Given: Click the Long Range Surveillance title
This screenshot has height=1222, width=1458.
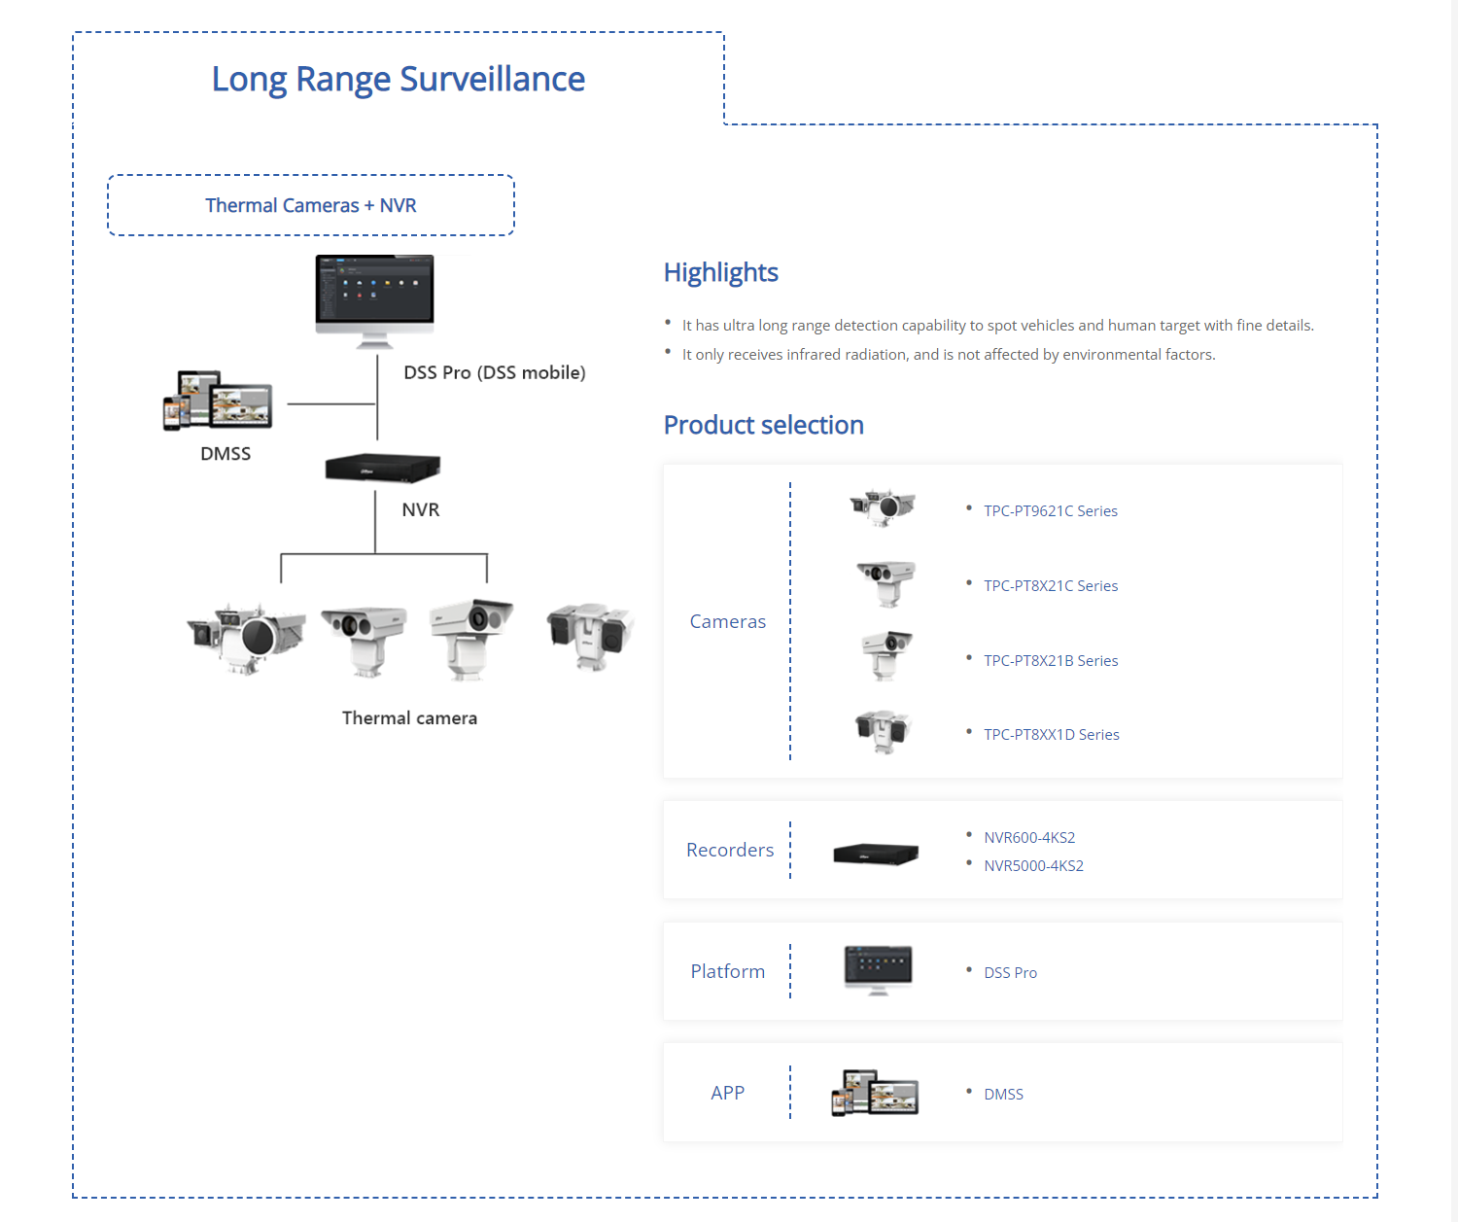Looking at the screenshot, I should [398, 79].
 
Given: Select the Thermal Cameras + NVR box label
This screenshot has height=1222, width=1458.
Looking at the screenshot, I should [310, 205].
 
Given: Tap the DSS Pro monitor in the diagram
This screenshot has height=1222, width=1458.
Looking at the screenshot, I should [374, 297].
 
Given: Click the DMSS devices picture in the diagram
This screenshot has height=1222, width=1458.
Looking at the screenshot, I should [218, 400].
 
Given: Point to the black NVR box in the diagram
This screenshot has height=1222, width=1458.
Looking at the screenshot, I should [382, 468].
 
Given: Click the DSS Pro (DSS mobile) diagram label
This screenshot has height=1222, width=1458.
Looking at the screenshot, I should [494, 372].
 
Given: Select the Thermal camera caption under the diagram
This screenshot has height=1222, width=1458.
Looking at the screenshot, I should [409, 717].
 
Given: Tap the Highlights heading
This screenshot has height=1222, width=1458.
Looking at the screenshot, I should [720, 272].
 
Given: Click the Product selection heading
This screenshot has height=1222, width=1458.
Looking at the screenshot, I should [763, 425].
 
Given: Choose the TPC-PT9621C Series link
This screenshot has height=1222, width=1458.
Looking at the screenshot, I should [1050, 510].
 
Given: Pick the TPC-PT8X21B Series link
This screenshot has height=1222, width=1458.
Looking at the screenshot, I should [1050, 660].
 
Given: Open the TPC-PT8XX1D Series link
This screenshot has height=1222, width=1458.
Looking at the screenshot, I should [1051, 734].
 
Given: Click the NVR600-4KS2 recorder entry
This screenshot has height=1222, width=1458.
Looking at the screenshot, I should [1028, 837].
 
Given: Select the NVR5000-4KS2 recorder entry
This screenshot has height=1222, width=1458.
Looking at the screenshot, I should [1032, 865].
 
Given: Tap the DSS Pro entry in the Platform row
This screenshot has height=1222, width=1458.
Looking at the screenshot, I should [1010, 972].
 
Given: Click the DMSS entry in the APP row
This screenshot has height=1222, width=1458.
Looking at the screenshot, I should [1003, 1094].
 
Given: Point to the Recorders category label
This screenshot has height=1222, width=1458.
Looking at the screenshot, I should [730, 850].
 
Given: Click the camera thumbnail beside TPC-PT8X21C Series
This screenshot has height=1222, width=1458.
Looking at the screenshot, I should [885, 582].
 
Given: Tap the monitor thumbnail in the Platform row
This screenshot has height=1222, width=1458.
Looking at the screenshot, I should [878, 969].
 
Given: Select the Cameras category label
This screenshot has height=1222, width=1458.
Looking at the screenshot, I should [727, 621].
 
